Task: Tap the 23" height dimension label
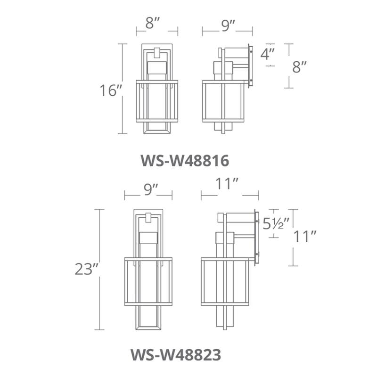tap(86, 269)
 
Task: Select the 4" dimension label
tap(268, 54)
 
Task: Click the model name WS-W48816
tap(185, 161)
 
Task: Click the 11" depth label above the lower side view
tap(229, 185)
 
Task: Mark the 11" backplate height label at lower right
tap(303, 237)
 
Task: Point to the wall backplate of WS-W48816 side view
tap(251, 66)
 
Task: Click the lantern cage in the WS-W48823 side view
tap(225, 281)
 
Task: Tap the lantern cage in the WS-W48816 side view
tap(226, 101)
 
